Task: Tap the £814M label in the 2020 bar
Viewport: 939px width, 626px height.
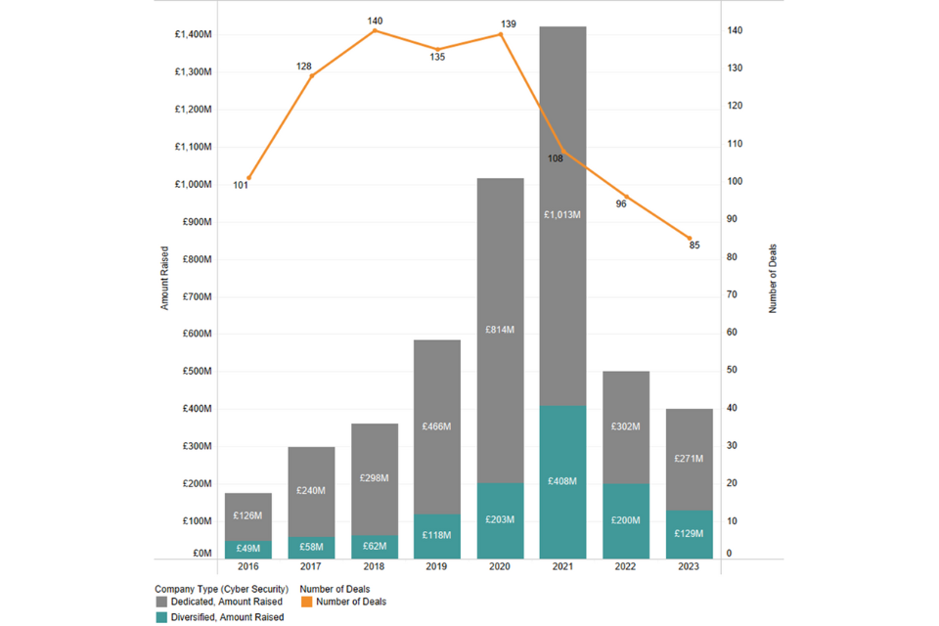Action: tap(500, 330)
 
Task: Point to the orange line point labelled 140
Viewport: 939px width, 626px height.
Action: tap(375, 30)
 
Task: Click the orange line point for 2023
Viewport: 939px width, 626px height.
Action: tap(690, 239)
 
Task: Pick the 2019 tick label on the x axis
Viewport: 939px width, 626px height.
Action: tap(437, 567)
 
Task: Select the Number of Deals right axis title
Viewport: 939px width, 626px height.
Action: tap(773, 279)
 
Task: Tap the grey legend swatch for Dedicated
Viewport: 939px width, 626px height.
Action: tap(161, 602)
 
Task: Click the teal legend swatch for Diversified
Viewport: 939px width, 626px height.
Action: tap(161, 617)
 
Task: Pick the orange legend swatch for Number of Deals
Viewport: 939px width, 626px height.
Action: tap(305, 602)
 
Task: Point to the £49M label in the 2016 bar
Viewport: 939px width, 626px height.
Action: tap(248, 549)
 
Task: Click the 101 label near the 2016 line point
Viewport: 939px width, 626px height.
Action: tap(241, 185)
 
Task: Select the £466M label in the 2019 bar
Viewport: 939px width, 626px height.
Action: tap(436, 426)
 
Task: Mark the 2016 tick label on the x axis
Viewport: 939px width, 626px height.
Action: tap(248, 567)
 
